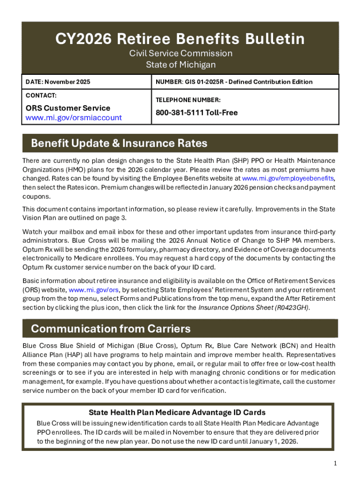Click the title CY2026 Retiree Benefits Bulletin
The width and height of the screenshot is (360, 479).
180,39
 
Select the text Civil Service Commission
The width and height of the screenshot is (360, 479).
180,53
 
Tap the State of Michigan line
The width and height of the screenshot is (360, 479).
180,65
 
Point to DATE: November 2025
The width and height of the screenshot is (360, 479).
58,82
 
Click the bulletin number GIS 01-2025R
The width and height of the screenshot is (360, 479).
210,82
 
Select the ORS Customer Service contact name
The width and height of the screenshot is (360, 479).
67,108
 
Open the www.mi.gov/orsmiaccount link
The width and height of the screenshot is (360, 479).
73,117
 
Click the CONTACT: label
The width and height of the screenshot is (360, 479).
41,95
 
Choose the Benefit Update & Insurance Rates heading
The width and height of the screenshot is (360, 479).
119,143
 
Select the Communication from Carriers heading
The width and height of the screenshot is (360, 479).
110,328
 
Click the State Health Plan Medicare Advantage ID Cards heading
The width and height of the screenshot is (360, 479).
177,412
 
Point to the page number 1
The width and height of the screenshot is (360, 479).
335,463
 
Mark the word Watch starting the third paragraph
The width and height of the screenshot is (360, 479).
33,232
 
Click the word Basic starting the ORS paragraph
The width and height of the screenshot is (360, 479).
31,281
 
